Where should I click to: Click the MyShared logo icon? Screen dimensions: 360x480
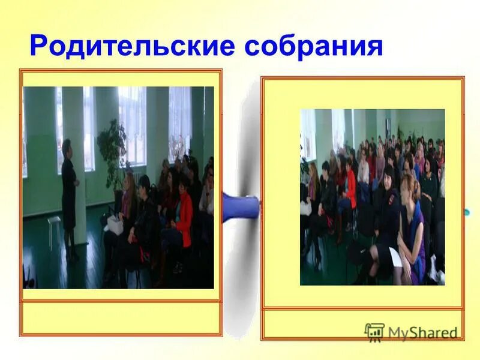pyautogui.click(x=374, y=332)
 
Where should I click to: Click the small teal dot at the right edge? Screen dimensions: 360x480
pyautogui.click(x=467, y=211)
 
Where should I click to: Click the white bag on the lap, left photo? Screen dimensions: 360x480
pyautogui.click(x=114, y=224)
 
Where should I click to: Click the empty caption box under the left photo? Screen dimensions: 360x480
pyautogui.click(x=121, y=317)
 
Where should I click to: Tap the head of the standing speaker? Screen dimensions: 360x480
pyautogui.click(x=67, y=146)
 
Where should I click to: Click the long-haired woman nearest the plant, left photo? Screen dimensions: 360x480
pyautogui.click(x=128, y=201)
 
